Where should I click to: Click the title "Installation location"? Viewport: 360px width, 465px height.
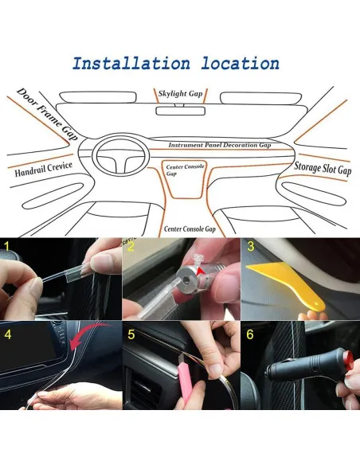click(176, 63)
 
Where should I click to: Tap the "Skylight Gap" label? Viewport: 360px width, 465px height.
click(180, 94)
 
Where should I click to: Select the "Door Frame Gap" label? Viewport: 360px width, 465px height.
click(48, 114)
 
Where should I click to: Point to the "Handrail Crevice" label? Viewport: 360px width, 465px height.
click(44, 169)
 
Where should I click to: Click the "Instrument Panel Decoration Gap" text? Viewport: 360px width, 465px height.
click(220, 145)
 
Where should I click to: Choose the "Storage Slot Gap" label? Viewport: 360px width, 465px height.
click(323, 169)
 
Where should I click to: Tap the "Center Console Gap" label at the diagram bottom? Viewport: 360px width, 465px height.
click(190, 229)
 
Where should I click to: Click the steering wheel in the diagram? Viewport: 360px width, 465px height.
click(121, 154)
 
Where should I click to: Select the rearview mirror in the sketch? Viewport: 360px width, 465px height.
click(180, 111)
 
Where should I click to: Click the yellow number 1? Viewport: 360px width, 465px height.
click(7, 246)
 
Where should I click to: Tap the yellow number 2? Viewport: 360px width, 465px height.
click(131, 247)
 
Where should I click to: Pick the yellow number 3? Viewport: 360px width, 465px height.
click(251, 247)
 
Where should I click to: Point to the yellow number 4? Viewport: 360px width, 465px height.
click(8, 334)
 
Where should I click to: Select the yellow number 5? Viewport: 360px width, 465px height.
click(131, 334)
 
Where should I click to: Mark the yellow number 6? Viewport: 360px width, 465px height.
click(250, 334)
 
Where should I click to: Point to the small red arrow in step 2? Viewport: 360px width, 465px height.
click(202, 272)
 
